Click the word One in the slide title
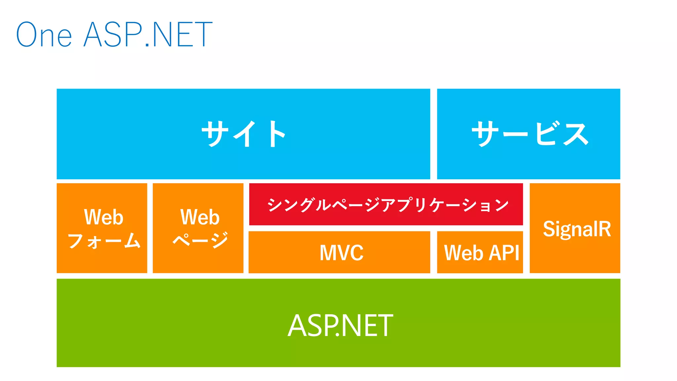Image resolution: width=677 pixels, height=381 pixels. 44,35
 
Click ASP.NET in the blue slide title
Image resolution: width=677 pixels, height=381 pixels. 148,35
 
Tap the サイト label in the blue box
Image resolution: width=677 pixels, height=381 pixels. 244,134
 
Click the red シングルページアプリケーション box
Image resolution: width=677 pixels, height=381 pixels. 386,205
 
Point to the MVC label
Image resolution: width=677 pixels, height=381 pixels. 341,253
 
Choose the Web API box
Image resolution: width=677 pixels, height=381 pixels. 480,253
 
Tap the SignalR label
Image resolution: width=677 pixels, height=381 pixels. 577,229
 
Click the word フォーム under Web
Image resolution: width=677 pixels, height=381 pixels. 104,241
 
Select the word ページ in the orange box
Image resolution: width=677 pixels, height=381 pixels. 200,240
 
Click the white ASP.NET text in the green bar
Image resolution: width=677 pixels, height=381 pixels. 340,326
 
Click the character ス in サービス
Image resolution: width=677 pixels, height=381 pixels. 576,134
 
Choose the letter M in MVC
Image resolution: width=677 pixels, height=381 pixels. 327,253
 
